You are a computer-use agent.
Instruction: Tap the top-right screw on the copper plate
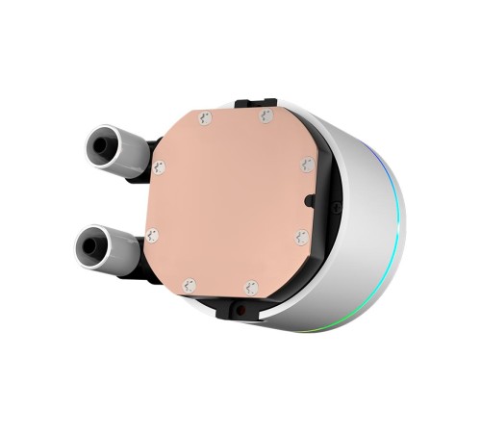[x=266, y=115]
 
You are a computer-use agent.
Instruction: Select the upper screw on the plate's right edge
[x=307, y=165]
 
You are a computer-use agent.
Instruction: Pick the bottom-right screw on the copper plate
[x=251, y=287]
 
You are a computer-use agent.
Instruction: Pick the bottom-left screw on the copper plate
[x=190, y=285]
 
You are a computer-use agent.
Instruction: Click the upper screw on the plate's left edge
[x=159, y=167]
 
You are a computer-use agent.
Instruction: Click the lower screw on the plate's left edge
[x=152, y=235]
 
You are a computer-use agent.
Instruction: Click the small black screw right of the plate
[x=335, y=207]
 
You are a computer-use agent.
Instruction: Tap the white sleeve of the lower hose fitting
[x=120, y=253]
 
